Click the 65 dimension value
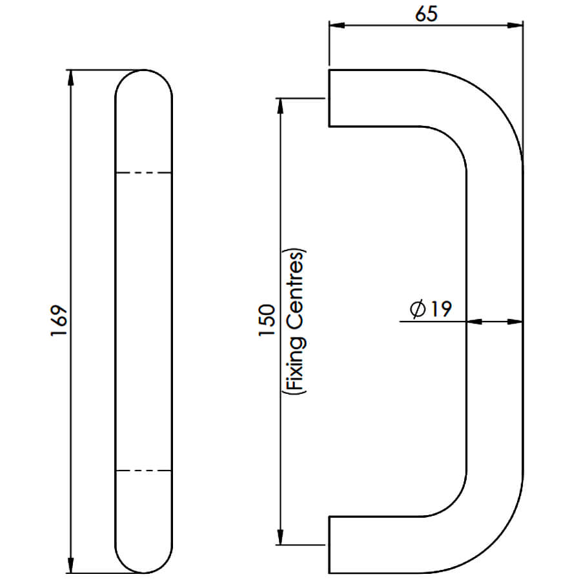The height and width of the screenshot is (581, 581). point(426,14)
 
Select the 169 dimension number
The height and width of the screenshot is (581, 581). point(59,321)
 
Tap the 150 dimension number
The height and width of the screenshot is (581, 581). point(267,320)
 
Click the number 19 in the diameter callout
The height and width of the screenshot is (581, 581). point(442,309)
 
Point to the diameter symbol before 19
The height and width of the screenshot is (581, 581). point(418,309)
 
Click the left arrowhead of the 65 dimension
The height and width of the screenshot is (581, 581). point(337,25)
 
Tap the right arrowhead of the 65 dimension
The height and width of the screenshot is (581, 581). point(515,25)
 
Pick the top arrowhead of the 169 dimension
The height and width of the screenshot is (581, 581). point(71,78)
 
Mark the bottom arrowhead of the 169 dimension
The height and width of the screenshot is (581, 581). point(71,565)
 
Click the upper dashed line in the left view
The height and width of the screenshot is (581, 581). point(144,172)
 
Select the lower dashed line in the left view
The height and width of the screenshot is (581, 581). point(144,471)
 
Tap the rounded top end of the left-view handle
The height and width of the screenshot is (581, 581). point(144,70)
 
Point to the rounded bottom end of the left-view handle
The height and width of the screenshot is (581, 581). point(144,572)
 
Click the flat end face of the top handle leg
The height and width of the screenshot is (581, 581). point(329,98)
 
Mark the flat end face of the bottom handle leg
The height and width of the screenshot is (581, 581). point(329,545)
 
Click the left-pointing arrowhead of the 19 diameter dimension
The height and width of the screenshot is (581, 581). point(474,321)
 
